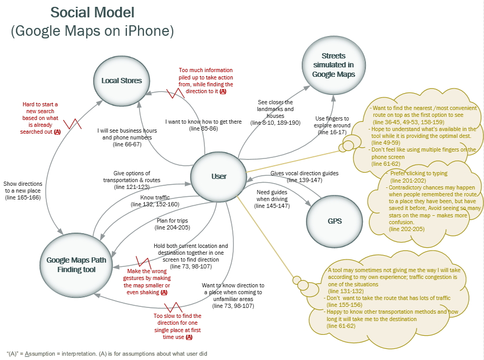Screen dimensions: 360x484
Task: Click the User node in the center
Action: tap(219, 176)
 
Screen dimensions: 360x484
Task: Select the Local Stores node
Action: tap(122, 81)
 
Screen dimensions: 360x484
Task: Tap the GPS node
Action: tap(334, 221)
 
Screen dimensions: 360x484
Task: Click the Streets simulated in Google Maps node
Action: tap(333, 65)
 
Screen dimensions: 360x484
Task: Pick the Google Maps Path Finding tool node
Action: tap(76, 264)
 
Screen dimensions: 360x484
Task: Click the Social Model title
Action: tap(92, 12)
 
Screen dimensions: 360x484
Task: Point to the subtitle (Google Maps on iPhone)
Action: tap(92, 31)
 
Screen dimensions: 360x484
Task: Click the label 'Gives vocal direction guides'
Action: tap(304, 173)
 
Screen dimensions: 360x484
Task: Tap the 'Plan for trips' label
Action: tap(172, 224)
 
